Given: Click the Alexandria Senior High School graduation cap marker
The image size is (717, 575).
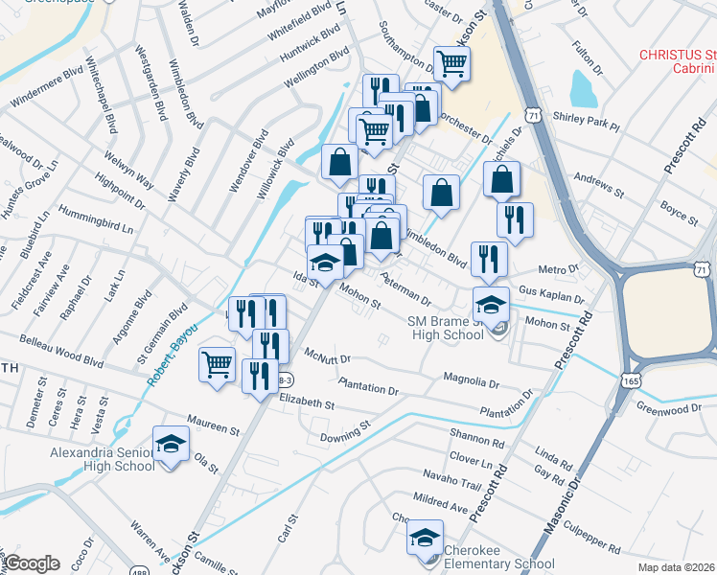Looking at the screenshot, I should coord(172,444).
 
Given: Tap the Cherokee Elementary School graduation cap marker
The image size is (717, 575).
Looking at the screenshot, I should coord(424,538).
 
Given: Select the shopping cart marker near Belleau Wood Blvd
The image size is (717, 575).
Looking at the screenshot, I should coord(217,363).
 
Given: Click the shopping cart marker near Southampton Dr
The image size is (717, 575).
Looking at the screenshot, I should coord(451,64).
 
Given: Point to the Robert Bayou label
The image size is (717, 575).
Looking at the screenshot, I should coord(173,354).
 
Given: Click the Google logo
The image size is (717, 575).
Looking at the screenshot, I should coord(32,563).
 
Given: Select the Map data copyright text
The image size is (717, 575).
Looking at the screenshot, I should coord(676,567).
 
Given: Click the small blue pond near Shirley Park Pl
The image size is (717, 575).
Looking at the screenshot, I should coord(583,88).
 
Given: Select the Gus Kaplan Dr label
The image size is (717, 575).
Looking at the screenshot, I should coord(550,288).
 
